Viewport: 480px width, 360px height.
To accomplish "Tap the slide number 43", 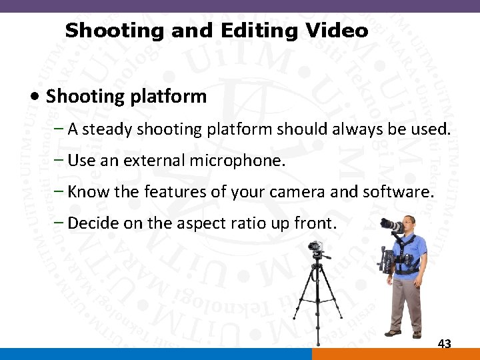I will coord(444,344).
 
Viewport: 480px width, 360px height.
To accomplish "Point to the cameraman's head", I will coord(409,222).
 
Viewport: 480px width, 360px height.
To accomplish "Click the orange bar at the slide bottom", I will coord(396,354).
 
